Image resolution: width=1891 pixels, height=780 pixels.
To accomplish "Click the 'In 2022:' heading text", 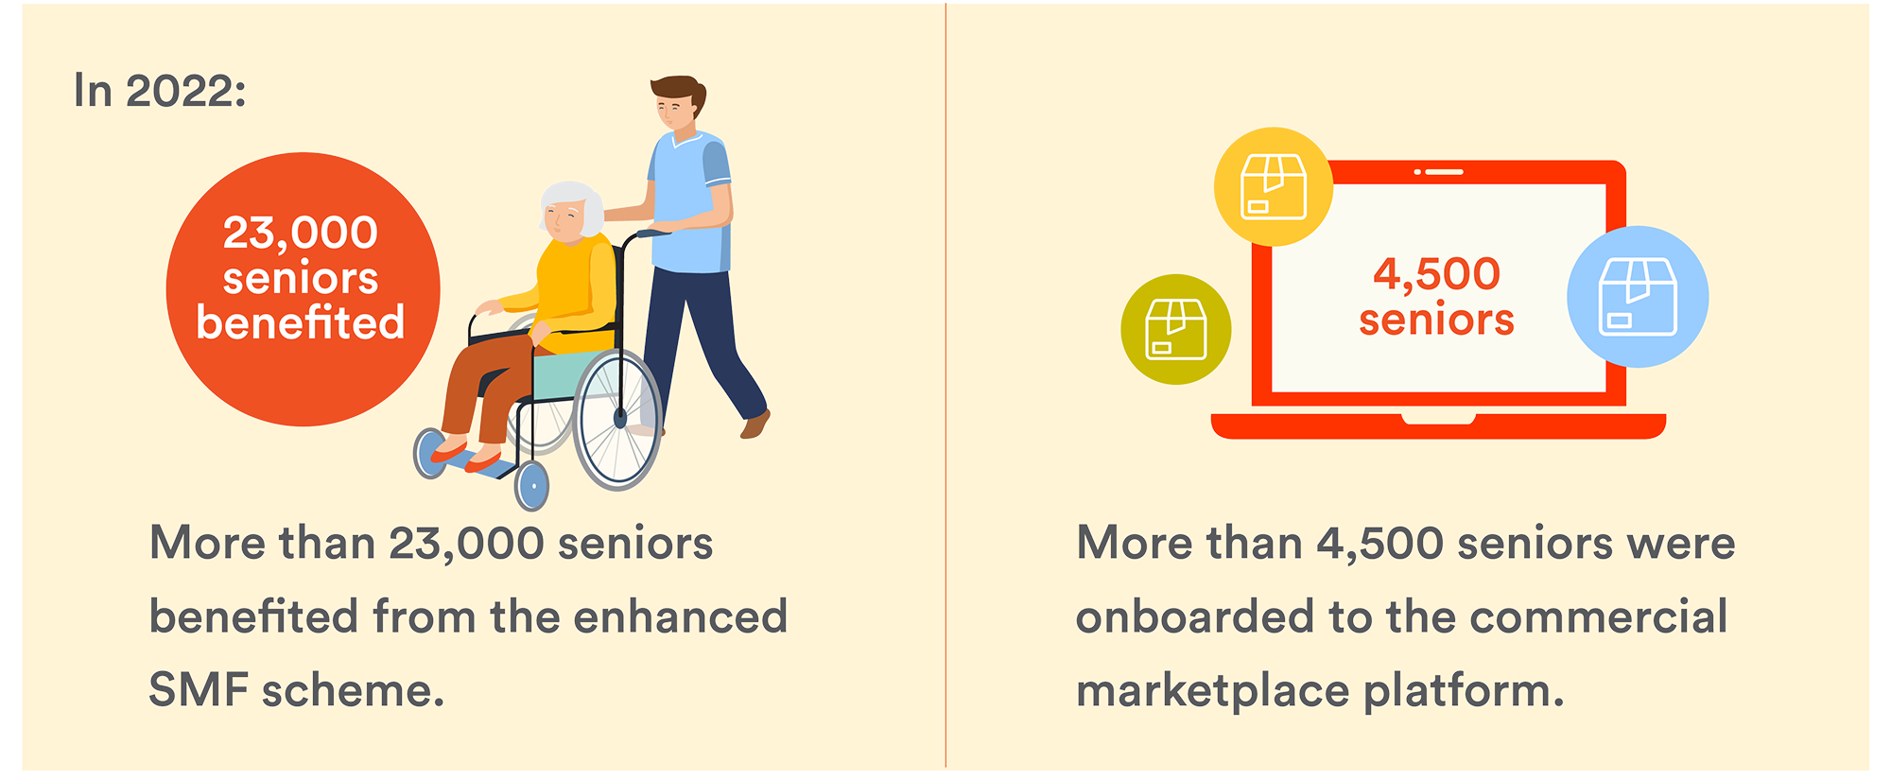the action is [x=160, y=92].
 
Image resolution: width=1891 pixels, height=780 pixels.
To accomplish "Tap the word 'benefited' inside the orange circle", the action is [x=301, y=322].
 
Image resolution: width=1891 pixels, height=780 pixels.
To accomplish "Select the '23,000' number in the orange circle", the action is [x=301, y=234].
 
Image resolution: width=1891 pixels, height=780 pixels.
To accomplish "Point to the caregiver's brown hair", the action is [x=679, y=92].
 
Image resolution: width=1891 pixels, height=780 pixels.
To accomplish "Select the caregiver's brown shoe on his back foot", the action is [x=755, y=425].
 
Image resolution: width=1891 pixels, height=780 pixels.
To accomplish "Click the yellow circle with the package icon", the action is [x=1274, y=186].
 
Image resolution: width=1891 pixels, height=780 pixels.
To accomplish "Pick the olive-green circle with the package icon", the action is [x=1176, y=329].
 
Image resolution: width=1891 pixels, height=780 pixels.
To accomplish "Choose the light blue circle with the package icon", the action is [x=1638, y=297].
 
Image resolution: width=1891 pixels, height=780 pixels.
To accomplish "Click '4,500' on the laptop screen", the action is [x=1437, y=275].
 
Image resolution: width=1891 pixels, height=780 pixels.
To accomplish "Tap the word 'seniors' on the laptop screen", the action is [x=1437, y=320].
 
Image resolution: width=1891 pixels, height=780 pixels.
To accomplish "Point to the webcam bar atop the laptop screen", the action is [x=1439, y=172].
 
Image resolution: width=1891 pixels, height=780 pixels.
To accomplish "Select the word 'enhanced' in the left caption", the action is [x=680, y=616].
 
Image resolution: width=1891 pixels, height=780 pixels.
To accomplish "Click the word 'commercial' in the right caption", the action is [x=1599, y=616].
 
